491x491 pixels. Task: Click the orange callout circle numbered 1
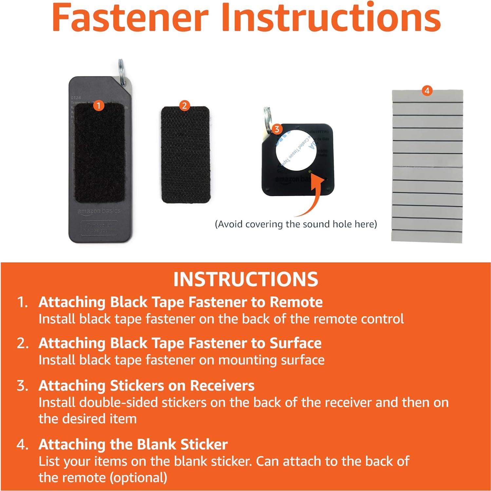(x=98, y=106)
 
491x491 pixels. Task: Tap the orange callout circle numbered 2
(x=184, y=105)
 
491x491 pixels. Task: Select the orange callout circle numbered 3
(x=277, y=129)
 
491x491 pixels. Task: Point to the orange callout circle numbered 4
(x=427, y=91)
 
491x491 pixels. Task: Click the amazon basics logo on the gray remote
(x=99, y=211)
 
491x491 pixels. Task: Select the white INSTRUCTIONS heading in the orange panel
(x=246, y=279)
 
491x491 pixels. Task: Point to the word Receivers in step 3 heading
(x=222, y=386)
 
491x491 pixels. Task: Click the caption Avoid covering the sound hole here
(x=296, y=224)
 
